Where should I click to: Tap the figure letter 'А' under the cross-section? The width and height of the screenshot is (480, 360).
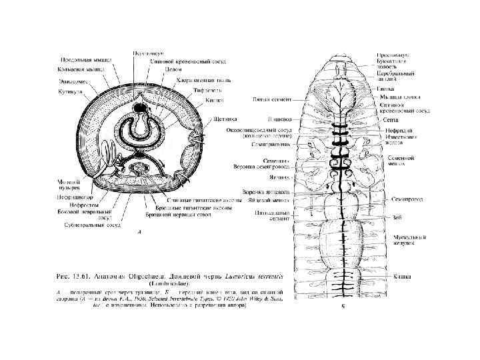138,233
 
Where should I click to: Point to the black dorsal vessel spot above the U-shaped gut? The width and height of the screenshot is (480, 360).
141,107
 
